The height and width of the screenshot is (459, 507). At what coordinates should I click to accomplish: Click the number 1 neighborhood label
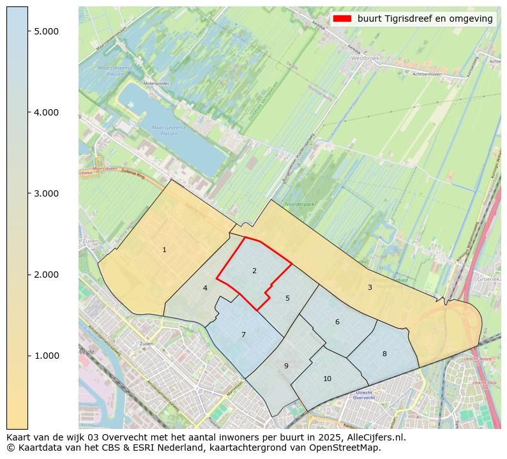click(x=164, y=250)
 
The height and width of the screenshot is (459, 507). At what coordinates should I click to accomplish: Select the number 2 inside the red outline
click(x=254, y=271)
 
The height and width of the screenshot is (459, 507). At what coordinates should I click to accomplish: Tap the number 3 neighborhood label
click(x=370, y=287)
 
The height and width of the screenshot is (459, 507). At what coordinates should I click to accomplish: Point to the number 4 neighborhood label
click(x=205, y=288)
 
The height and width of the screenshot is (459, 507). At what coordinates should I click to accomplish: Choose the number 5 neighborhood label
click(x=287, y=298)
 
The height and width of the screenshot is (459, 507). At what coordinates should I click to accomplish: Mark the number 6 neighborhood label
click(x=337, y=322)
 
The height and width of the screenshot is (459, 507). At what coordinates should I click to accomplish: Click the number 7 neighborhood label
click(x=243, y=335)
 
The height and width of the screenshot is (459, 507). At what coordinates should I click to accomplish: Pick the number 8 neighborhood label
click(x=384, y=354)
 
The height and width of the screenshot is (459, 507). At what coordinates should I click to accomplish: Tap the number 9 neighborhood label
click(x=286, y=366)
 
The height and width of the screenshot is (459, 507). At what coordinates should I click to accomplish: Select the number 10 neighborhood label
click(x=327, y=379)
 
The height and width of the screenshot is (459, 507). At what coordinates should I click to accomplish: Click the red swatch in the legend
click(x=342, y=19)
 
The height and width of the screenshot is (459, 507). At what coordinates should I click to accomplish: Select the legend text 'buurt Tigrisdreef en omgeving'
click(x=425, y=19)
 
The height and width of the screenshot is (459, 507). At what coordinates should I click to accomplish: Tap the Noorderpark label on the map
click(x=300, y=204)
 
